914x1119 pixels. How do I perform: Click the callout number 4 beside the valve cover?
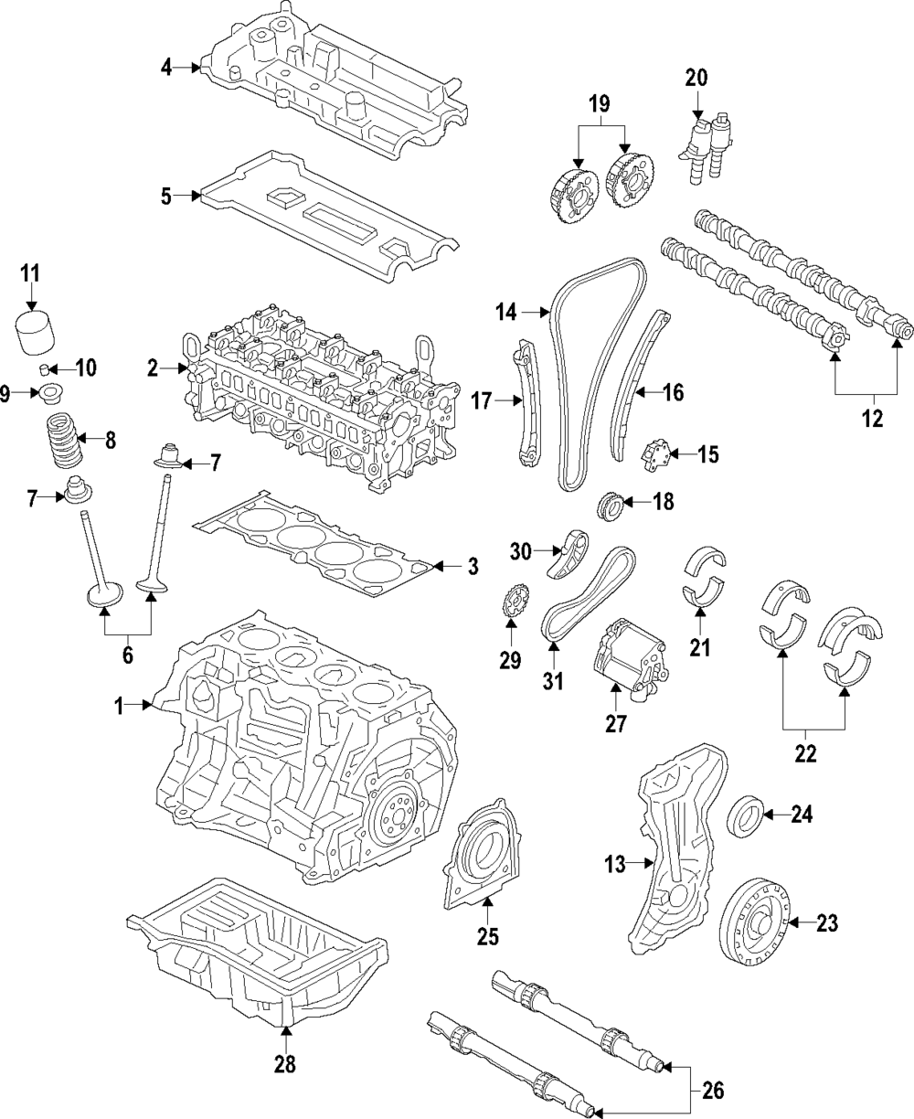coord(166,67)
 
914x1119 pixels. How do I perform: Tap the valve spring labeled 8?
coord(66,439)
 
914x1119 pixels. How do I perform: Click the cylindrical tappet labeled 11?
coord(35,336)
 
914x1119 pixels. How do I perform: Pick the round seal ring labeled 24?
coord(746,815)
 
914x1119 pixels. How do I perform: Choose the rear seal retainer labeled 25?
coord(482,856)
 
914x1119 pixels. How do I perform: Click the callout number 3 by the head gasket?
coord(473,568)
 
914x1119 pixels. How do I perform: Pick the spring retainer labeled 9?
coord(44,395)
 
